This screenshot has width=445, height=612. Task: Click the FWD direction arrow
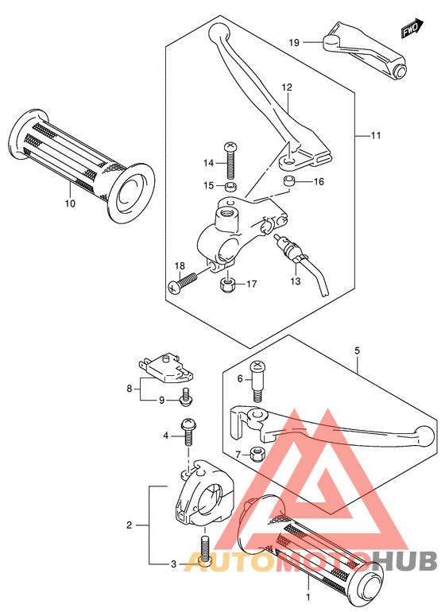pyautogui.click(x=412, y=28)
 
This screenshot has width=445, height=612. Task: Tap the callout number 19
pyautogui.click(x=294, y=42)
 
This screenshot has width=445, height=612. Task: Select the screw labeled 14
pyautogui.click(x=230, y=161)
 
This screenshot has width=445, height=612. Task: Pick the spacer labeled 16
pyautogui.click(x=289, y=181)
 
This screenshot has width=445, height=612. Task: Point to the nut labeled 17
pyautogui.click(x=226, y=285)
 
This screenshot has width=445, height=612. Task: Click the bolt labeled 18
pyautogui.click(x=183, y=281)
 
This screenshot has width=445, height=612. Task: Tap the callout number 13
pyautogui.click(x=296, y=281)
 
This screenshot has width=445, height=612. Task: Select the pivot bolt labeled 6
pyautogui.click(x=257, y=380)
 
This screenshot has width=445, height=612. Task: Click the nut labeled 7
pyautogui.click(x=257, y=455)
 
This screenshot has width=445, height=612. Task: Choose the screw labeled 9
pyautogui.click(x=185, y=397)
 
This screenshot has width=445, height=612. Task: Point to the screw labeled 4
pyautogui.click(x=188, y=432)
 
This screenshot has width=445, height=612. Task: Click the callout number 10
pyautogui.click(x=70, y=203)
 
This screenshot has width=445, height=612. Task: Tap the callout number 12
pyautogui.click(x=287, y=87)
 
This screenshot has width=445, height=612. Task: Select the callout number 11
pyautogui.click(x=376, y=135)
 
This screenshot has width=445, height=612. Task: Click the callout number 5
pyautogui.click(x=357, y=351)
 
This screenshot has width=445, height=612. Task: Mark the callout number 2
pyautogui.click(x=130, y=525)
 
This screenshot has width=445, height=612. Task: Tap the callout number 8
pyautogui.click(x=130, y=389)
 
